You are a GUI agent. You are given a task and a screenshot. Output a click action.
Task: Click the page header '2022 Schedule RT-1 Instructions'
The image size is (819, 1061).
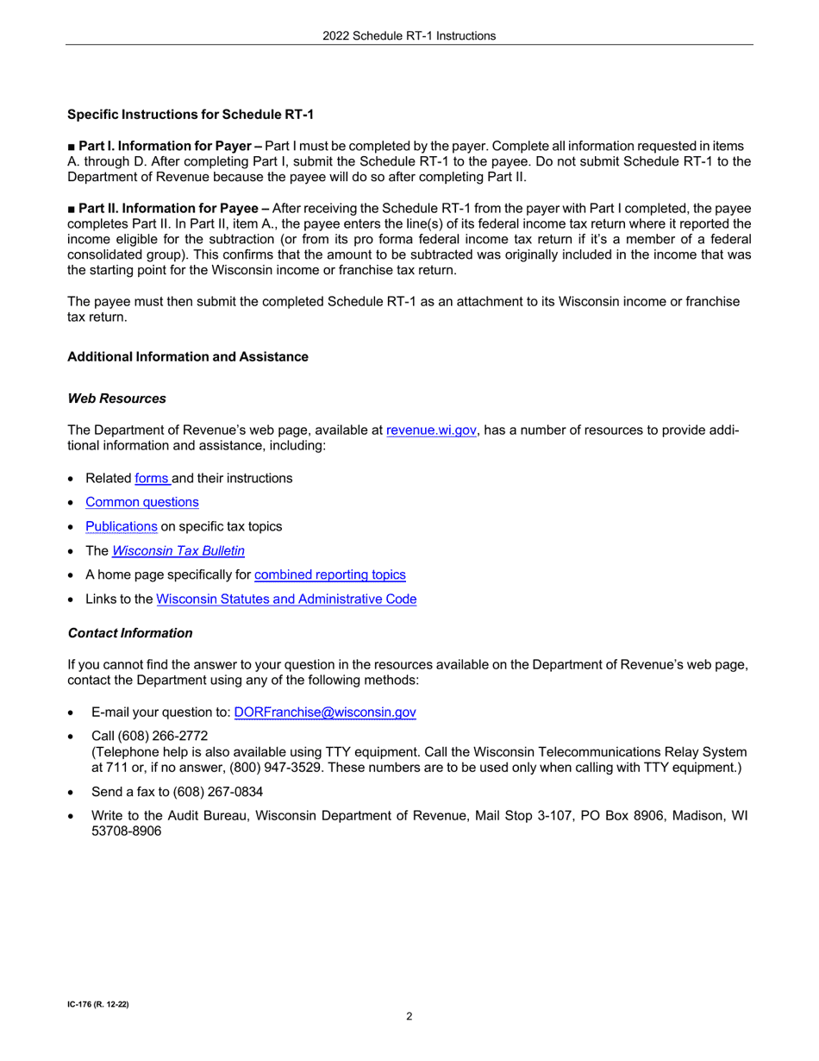(x=409, y=35)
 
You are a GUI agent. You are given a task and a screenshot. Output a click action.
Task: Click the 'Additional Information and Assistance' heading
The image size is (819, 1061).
(x=187, y=356)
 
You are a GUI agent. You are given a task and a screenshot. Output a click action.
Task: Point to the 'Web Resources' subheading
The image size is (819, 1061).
(x=116, y=399)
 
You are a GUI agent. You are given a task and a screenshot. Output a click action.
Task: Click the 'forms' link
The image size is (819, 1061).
(x=152, y=478)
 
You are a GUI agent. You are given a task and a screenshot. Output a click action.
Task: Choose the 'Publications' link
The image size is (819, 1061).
(x=121, y=526)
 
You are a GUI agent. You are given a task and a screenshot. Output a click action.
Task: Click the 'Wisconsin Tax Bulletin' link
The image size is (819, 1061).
(x=184, y=550)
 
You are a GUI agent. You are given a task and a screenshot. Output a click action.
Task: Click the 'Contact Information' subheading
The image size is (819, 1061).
(x=129, y=633)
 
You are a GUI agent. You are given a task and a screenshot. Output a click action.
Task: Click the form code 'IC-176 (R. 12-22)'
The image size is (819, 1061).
(x=98, y=1006)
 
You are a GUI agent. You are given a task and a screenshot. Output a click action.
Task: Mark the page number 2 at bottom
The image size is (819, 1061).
(x=409, y=1016)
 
